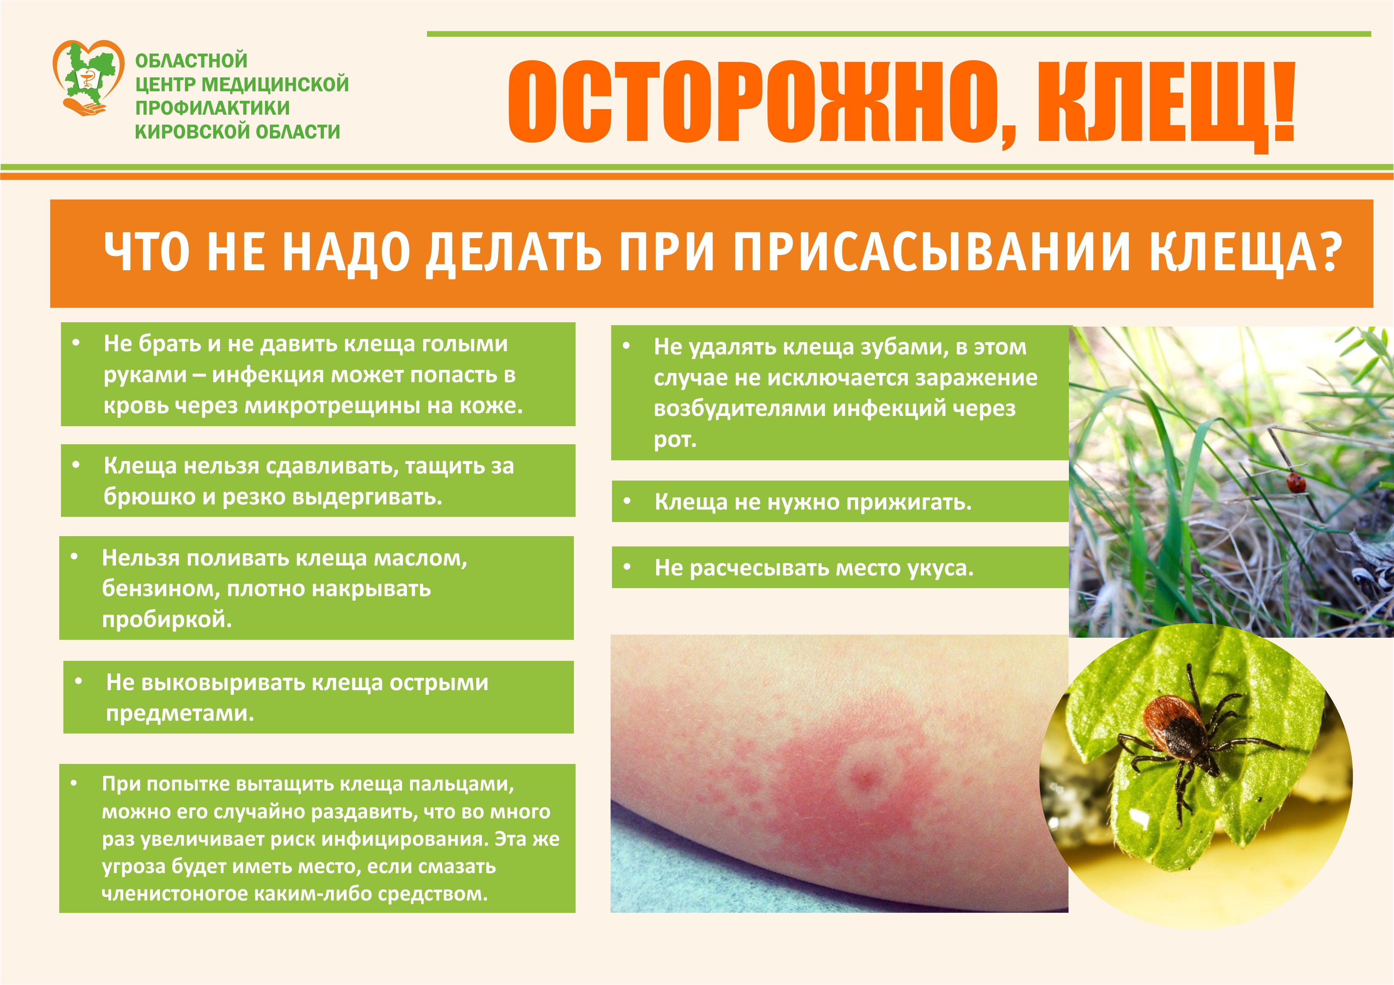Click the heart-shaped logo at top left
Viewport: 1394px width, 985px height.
click(x=89, y=78)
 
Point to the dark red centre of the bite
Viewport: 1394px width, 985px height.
click(x=862, y=777)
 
